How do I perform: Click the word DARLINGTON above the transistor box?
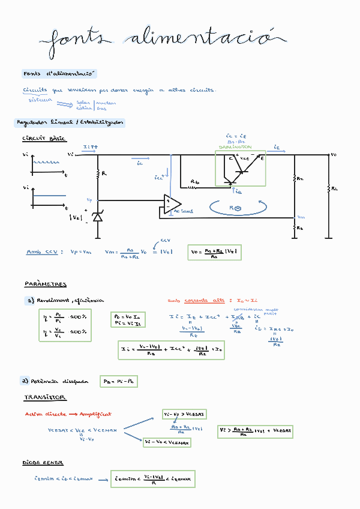235,147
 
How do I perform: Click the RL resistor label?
335,188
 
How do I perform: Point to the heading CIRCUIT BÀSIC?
44,139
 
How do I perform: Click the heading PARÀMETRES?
46,284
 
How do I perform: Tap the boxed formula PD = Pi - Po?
120,381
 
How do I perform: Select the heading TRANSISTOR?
45,397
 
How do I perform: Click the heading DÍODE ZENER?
43,463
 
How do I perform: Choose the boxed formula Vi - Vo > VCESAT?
185,414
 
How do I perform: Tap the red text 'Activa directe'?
41,414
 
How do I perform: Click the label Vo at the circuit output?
334,154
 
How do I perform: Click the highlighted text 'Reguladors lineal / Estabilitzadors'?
69,122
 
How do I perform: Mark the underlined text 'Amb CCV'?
42,252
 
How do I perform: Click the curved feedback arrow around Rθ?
236,208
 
